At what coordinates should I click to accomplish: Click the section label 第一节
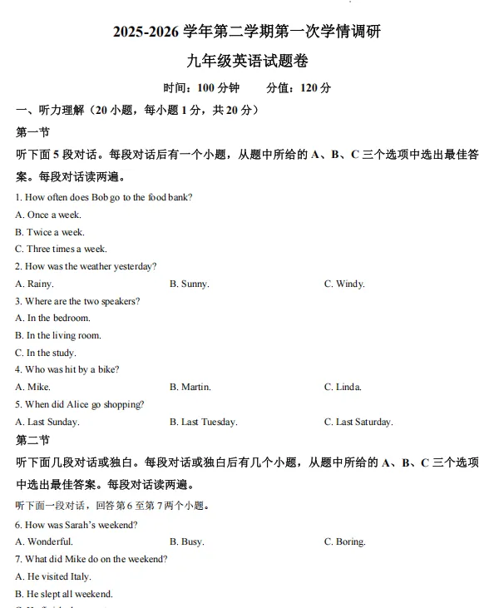click(32, 131)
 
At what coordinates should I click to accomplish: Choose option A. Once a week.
click(48, 215)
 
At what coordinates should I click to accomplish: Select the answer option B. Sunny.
click(189, 284)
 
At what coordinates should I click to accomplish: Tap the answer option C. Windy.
click(344, 284)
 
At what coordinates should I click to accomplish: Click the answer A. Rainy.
click(34, 284)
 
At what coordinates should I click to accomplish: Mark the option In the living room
click(58, 335)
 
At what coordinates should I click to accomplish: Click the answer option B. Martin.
click(190, 387)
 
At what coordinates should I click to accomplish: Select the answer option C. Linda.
click(343, 387)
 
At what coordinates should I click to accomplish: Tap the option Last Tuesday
click(203, 422)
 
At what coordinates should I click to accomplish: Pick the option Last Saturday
click(358, 422)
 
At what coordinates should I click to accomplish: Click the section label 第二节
click(32, 440)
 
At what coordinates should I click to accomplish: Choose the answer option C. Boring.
click(344, 541)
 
